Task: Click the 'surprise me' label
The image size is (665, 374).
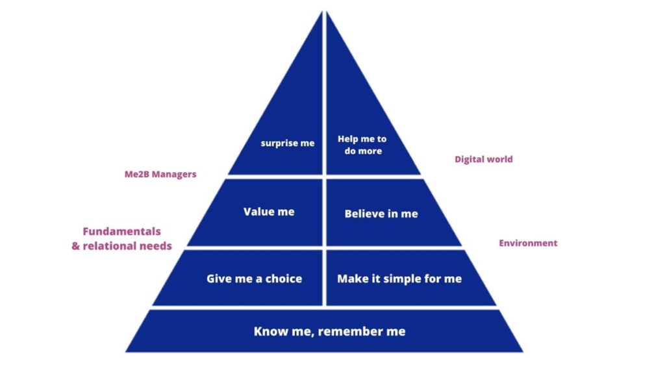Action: (288, 143)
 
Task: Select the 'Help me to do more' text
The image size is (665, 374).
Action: (362, 145)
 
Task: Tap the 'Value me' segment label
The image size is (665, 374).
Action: (269, 212)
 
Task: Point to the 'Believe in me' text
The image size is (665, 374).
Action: (381, 214)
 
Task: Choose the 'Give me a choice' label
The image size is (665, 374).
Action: (255, 279)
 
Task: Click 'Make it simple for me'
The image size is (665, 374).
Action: (399, 279)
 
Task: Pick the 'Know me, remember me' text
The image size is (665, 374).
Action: (329, 331)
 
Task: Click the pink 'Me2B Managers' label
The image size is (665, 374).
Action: (160, 174)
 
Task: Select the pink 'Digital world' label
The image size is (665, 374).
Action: (483, 160)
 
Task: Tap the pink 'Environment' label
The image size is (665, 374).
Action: (528, 243)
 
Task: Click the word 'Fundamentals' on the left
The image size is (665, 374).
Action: (121, 231)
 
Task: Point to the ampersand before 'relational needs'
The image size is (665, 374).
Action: (75, 246)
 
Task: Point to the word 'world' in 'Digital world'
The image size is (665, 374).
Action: (501, 160)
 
